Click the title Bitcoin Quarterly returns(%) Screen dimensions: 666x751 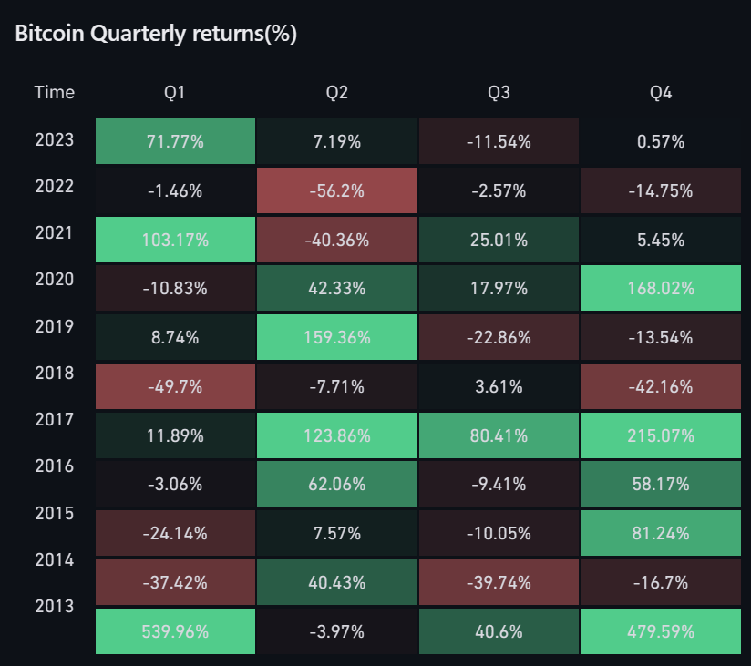(x=157, y=34)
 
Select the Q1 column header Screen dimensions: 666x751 (x=175, y=93)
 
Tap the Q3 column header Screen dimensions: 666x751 (x=499, y=93)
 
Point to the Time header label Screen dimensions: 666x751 (x=55, y=93)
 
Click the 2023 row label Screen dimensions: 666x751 (x=55, y=140)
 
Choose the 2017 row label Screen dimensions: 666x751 (x=55, y=419)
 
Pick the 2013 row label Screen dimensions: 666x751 (x=55, y=606)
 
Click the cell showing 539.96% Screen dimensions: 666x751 (x=175, y=631)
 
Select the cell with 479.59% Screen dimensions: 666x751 (x=661, y=631)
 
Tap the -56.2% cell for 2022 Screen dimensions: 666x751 (x=337, y=191)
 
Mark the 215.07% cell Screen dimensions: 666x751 (x=661, y=435)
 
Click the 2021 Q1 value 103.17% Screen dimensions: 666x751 (x=175, y=241)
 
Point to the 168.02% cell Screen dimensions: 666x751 (x=661, y=289)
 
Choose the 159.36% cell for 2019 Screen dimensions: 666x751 (x=337, y=338)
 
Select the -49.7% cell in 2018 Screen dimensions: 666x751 (x=175, y=386)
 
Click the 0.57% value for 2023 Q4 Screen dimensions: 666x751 (x=661, y=142)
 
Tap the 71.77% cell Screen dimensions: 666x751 (x=175, y=142)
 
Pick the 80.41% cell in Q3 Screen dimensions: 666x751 (x=499, y=435)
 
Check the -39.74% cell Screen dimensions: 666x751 (x=499, y=582)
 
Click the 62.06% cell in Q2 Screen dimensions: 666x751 (x=337, y=485)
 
